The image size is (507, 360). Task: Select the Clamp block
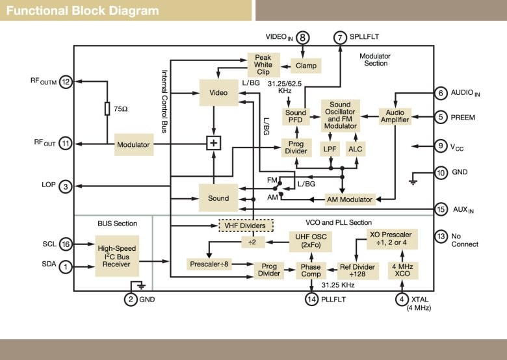point(305,66)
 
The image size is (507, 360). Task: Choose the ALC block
point(355,149)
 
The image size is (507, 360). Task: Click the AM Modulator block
point(350,199)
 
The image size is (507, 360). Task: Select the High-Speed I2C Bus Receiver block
point(117,257)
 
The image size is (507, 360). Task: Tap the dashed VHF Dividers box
point(246,225)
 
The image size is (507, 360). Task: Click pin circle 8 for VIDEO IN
point(304,38)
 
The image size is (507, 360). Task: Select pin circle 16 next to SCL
point(65,244)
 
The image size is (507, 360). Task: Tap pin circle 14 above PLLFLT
point(311,299)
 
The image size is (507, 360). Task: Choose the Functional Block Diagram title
point(83,11)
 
